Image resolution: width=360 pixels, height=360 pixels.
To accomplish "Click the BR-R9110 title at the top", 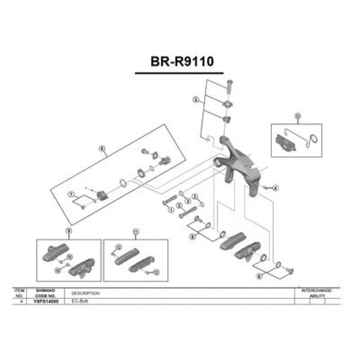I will (182, 61).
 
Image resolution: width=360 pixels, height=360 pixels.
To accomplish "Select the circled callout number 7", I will (71, 195).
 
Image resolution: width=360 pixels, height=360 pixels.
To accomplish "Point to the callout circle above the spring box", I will (297, 116).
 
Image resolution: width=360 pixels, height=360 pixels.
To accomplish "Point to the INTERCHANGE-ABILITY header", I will (317, 293).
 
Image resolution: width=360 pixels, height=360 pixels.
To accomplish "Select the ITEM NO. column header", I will (19, 293).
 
